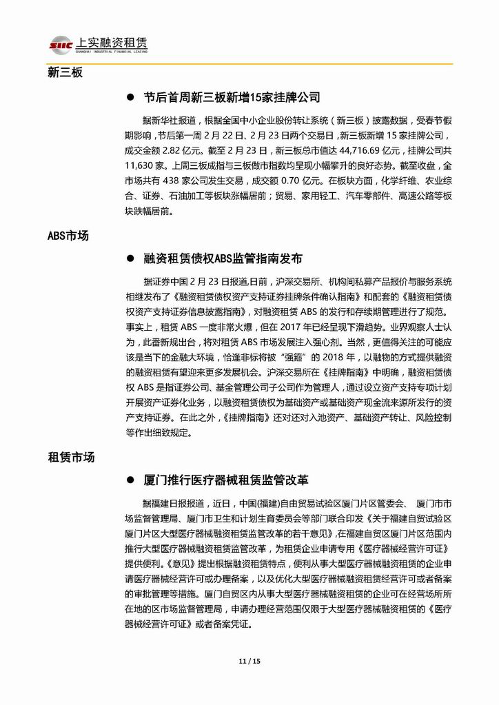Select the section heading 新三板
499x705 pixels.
coord(65,72)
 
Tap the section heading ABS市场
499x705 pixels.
coord(68,236)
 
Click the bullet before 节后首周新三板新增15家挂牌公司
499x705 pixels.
coord(129,98)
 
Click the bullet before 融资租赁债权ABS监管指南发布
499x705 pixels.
coord(129,259)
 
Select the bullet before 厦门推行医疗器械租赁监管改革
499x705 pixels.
coord(129,480)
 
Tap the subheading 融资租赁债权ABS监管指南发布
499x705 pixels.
coord(223,259)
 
